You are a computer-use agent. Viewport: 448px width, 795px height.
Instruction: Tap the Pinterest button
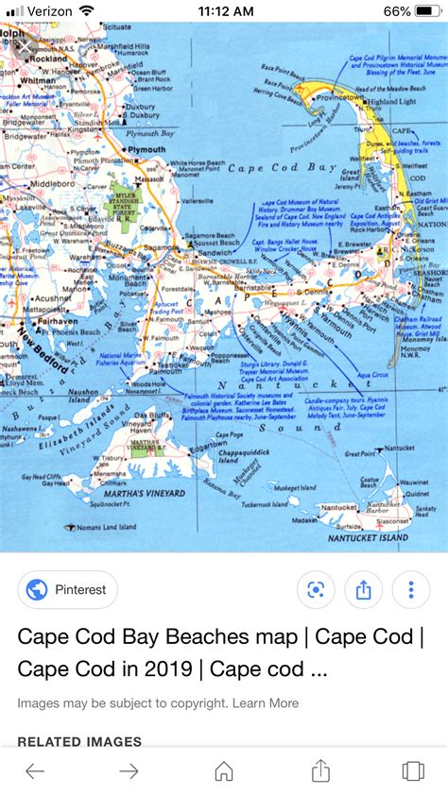point(68,590)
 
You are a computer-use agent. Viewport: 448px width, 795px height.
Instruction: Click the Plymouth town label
point(146,150)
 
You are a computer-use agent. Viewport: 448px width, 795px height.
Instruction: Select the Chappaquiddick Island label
point(239,457)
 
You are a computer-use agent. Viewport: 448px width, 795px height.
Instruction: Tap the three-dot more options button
point(411,590)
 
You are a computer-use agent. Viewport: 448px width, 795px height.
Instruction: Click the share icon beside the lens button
point(364,590)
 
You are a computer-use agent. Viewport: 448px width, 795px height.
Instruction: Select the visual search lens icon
point(316,590)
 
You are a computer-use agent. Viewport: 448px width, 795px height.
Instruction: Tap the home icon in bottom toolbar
point(224,770)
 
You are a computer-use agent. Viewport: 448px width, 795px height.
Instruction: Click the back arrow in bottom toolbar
point(35,770)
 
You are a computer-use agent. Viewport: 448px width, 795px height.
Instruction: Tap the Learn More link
point(266,703)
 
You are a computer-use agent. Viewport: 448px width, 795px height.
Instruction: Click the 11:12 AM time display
point(226,11)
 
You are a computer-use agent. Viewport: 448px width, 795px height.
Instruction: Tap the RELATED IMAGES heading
point(79,741)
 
